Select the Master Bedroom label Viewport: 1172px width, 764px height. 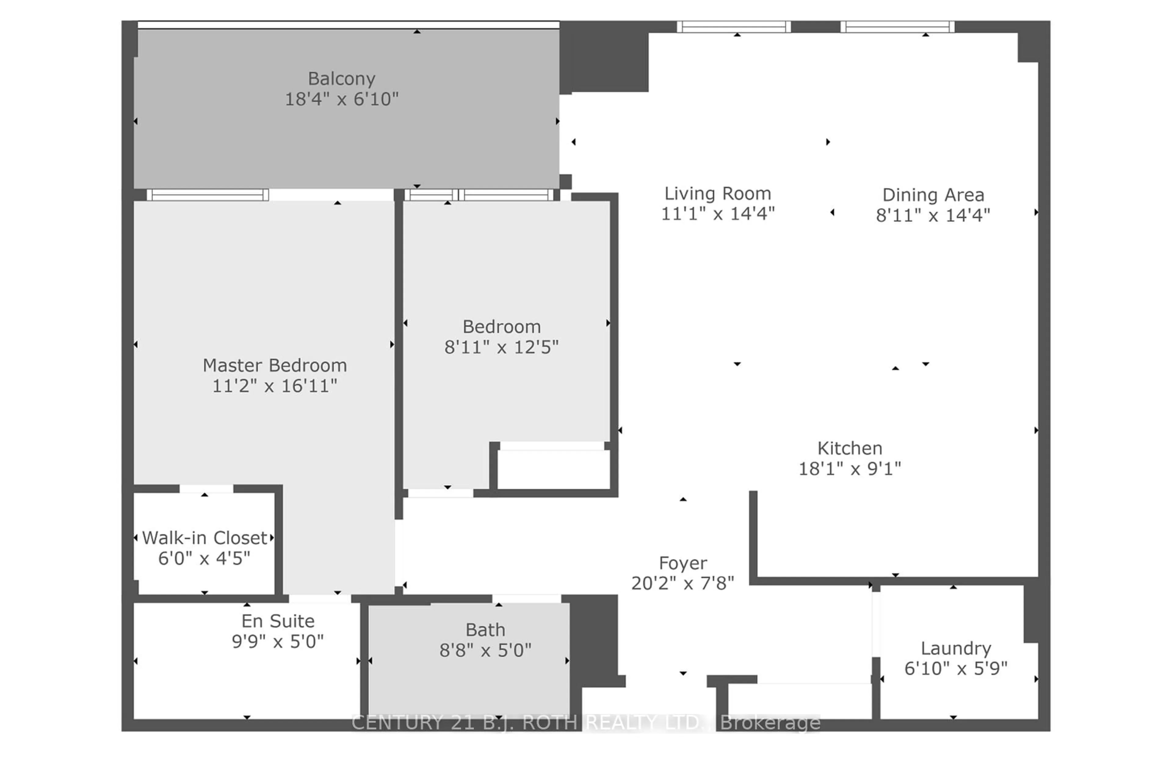(275, 366)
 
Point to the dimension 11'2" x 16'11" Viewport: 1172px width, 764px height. (275, 386)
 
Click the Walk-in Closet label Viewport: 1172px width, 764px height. (204, 538)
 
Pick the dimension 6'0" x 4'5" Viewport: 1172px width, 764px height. (204, 559)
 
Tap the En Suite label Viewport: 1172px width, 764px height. (278, 621)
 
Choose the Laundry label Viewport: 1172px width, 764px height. (956, 648)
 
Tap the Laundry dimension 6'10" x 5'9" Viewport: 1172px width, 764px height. (956, 668)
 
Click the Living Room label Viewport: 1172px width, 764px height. (718, 194)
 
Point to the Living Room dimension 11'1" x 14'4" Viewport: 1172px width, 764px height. (718, 214)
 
